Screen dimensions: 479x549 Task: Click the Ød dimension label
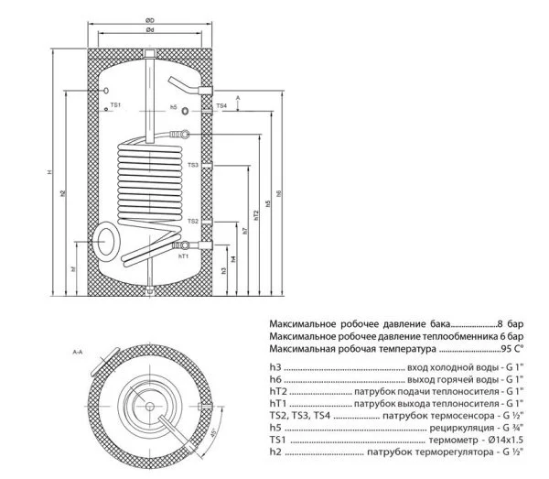click(149, 30)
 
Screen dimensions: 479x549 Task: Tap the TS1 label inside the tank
click(115, 106)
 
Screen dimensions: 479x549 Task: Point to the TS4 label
click(221, 106)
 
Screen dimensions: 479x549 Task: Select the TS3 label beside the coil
click(193, 165)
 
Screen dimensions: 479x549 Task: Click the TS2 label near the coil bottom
click(193, 221)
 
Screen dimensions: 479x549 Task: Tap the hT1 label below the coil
click(182, 256)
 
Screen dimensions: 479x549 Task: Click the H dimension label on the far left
click(51, 174)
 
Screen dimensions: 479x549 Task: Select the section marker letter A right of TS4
click(237, 96)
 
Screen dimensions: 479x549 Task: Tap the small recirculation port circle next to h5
click(188, 109)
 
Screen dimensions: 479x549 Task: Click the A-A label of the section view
click(78, 352)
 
